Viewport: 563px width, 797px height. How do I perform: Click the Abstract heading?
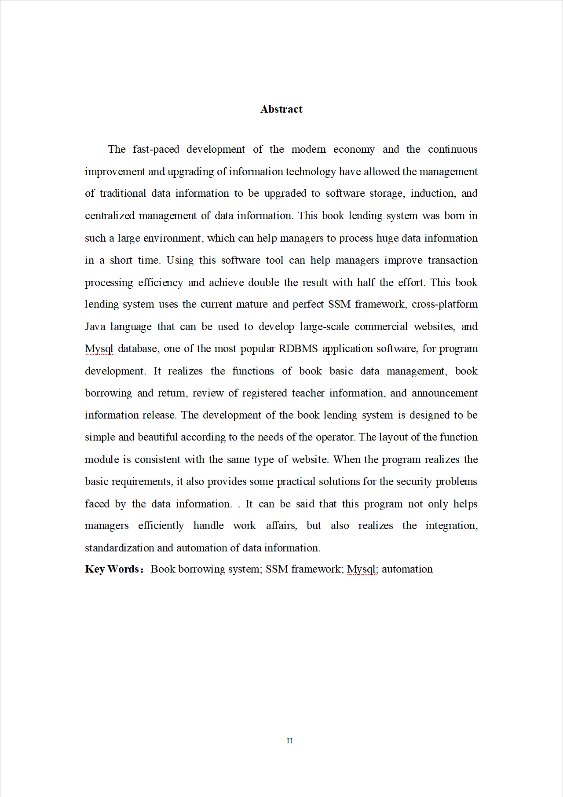coord(281,109)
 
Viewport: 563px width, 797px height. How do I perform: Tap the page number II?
coord(289,741)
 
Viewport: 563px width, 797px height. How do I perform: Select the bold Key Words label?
coord(113,569)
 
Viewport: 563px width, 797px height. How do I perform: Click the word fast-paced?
coord(156,150)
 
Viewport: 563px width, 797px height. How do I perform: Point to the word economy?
coord(354,150)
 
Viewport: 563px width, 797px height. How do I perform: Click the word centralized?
coord(110,216)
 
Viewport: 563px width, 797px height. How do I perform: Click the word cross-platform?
coord(444,304)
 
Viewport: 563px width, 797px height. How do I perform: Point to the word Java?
coord(95,327)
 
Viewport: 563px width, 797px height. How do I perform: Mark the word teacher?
coord(308,393)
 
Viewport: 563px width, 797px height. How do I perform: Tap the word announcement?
coord(444,393)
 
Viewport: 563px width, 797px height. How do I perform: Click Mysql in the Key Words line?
coord(362,569)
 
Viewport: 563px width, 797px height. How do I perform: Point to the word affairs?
coord(281,525)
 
